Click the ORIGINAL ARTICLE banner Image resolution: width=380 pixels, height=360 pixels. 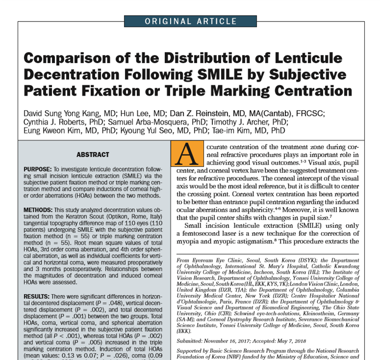[190, 21]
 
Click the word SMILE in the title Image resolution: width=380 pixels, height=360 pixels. [222, 75]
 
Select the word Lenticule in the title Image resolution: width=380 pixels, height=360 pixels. [299, 58]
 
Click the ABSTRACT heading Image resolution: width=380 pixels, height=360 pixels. [93, 155]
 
